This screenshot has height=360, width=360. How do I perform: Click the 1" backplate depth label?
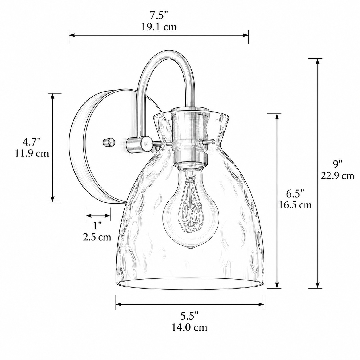(97, 226)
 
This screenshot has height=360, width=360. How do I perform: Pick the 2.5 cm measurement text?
(97, 237)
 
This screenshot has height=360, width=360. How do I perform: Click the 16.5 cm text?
(295, 205)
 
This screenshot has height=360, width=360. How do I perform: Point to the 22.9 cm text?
(337, 176)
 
